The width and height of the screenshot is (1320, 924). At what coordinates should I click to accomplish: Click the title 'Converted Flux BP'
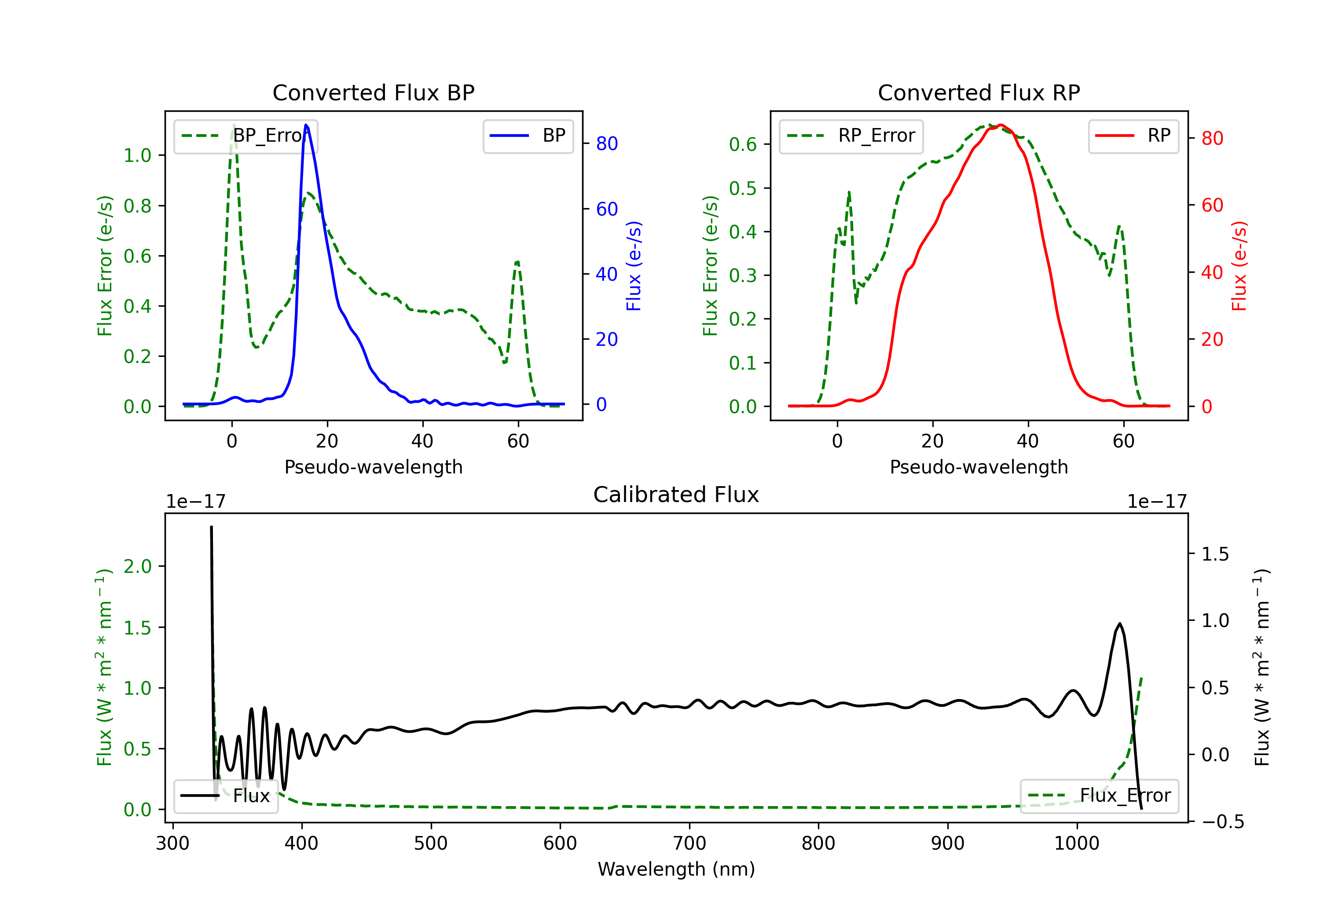coord(374,92)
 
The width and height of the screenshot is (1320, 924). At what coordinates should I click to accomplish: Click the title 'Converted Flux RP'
coord(979,92)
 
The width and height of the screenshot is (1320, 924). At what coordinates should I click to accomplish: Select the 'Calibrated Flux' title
coord(676,495)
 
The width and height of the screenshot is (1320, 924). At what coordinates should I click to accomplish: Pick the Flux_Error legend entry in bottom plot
coord(1099,796)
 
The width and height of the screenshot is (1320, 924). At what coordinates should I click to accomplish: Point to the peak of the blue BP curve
coord(306,125)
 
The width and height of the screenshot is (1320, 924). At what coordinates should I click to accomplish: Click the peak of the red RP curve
coord(1001,125)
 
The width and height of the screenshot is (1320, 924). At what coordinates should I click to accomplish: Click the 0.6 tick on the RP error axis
coord(743,144)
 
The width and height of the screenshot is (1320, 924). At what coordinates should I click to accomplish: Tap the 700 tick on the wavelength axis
coord(689,843)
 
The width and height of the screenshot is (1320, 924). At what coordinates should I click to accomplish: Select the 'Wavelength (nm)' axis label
coord(676,869)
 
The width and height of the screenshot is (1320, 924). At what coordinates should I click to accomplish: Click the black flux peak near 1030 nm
coord(1119,624)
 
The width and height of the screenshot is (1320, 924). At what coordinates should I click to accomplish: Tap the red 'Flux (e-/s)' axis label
coord(1239,266)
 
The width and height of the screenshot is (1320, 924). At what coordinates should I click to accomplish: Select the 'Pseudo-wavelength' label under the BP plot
coord(374,467)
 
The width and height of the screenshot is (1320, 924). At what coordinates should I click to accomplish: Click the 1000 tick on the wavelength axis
coord(1077,843)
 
